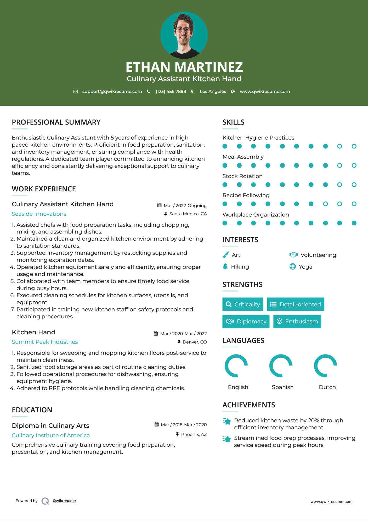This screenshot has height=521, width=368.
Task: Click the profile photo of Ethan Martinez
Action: tap(184, 35)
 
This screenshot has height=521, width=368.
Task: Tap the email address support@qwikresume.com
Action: tap(112, 91)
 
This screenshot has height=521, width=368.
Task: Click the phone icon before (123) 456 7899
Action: tap(149, 91)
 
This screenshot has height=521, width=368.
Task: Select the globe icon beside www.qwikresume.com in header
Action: tap(233, 91)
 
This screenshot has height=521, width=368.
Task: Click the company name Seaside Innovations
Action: tap(39, 214)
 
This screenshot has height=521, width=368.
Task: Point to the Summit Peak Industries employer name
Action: tap(45, 342)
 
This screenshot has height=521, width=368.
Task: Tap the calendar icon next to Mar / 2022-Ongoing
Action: tap(159, 205)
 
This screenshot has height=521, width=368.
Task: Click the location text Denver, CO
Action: tap(195, 342)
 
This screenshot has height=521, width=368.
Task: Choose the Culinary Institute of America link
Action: tap(51, 435)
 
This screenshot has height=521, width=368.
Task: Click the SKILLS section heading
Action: tap(233, 122)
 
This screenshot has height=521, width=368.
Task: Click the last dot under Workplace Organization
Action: tap(354, 223)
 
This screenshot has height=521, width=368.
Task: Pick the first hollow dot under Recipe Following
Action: tap(325, 204)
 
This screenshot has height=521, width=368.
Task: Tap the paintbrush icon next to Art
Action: tap(225, 255)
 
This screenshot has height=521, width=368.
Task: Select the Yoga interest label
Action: tap(305, 267)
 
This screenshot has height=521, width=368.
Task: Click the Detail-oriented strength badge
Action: tap(296, 304)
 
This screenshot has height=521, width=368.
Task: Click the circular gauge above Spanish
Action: tap(281, 366)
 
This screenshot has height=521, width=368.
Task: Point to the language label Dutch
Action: tap(327, 387)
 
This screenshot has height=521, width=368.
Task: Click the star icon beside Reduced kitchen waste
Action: tap(227, 421)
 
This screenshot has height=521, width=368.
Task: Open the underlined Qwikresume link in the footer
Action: tap(64, 501)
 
